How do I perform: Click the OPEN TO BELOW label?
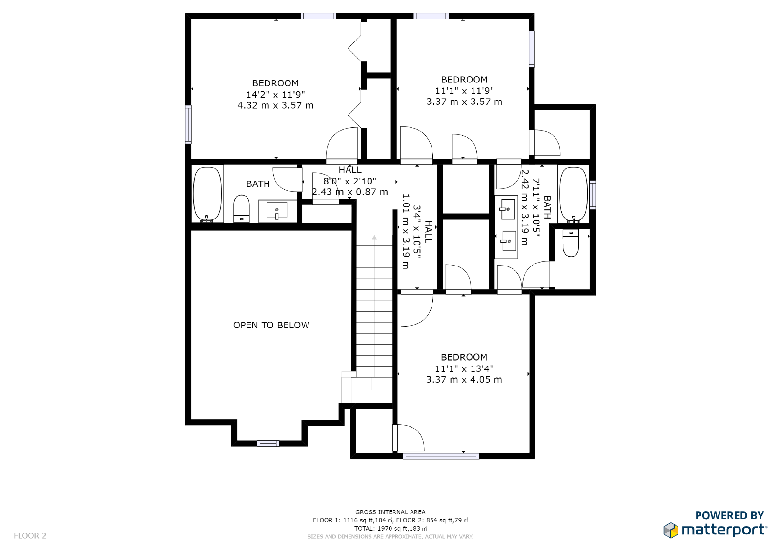pos(271,325)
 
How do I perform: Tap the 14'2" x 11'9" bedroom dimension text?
pos(275,95)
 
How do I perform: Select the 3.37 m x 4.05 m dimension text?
pos(464,379)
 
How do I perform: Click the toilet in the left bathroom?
pos(241,208)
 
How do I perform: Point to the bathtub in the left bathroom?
pos(207,194)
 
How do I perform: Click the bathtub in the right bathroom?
pos(574,195)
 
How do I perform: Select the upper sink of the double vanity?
pos(507,208)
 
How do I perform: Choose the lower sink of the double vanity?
pos(508,241)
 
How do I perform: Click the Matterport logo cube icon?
pos(671,531)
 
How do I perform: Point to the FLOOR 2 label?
pos(30,535)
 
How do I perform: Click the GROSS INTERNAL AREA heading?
pos(390,512)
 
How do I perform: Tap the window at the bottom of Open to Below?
pos(268,443)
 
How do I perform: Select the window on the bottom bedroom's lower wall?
pos(441,456)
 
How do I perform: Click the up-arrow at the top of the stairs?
pos(374,238)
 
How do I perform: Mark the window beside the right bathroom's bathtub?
pos(593,195)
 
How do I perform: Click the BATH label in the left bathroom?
pos(258,184)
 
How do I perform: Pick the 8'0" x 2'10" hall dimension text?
pos(349,181)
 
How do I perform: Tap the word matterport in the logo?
pos(724,531)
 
